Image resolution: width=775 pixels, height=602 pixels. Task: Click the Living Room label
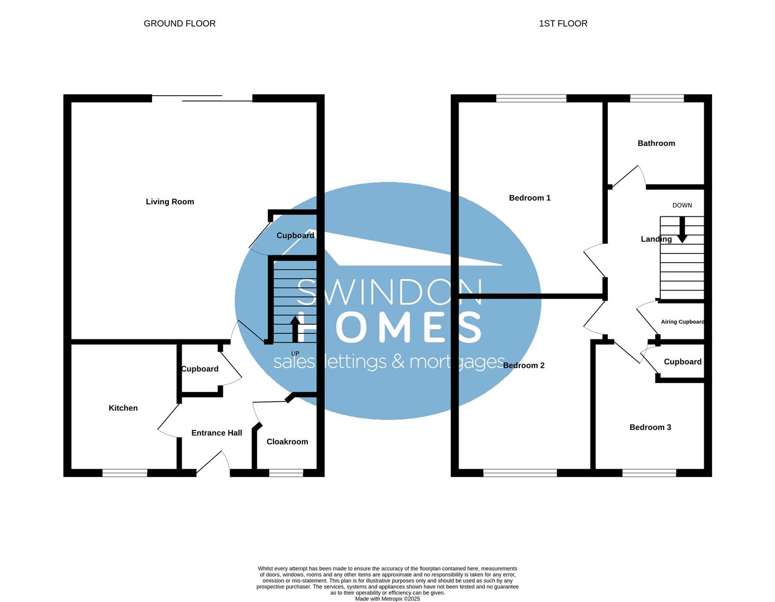pyautogui.click(x=170, y=202)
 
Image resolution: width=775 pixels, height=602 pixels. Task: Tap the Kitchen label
pyautogui.click(x=123, y=408)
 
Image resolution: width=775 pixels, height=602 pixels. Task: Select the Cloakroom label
pyautogui.click(x=287, y=441)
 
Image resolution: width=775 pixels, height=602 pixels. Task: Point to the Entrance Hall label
pyautogui.click(x=217, y=433)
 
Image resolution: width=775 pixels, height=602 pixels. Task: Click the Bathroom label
pyautogui.click(x=656, y=143)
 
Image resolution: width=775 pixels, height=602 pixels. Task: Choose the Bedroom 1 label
pyautogui.click(x=530, y=198)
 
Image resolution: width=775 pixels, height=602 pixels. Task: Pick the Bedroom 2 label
pyautogui.click(x=524, y=366)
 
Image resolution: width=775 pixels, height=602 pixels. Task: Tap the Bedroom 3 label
pyautogui.click(x=650, y=427)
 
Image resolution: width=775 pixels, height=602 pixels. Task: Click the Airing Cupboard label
pyautogui.click(x=683, y=322)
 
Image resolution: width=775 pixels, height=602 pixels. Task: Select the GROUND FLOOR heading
pyautogui.click(x=179, y=23)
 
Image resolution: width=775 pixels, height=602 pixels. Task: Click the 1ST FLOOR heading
pyautogui.click(x=563, y=23)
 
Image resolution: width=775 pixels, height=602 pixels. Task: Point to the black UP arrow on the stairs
pyautogui.click(x=295, y=329)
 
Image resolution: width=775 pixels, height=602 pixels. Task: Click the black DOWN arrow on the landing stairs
pyautogui.click(x=681, y=230)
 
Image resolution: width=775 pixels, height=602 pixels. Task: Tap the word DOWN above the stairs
pyautogui.click(x=682, y=205)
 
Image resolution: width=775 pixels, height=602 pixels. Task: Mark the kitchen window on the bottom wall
pyautogui.click(x=125, y=473)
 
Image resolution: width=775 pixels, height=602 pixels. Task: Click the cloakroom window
pyautogui.click(x=286, y=473)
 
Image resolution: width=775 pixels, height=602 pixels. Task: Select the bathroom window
pyautogui.click(x=657, y=99)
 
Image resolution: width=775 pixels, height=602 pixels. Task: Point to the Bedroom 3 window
pyautogui.click(x=649, y=473)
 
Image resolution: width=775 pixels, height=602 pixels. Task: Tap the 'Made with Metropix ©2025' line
pyautogui.click(x=388, y=599)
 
